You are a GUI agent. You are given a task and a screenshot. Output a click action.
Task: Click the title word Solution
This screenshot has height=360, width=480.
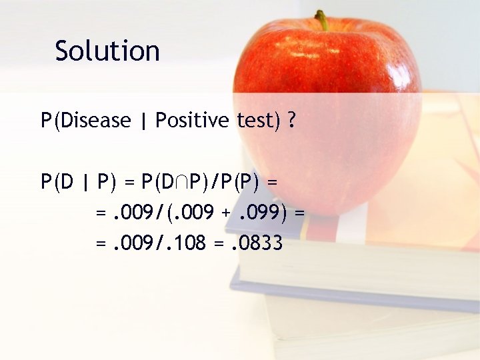107,51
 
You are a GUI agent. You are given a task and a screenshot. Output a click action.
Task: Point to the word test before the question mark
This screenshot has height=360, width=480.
256,121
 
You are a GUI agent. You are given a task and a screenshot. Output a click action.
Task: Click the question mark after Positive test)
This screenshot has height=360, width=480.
292,121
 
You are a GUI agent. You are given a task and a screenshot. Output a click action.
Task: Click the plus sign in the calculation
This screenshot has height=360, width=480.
226,214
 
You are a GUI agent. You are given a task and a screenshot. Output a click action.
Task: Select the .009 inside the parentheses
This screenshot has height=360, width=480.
194,213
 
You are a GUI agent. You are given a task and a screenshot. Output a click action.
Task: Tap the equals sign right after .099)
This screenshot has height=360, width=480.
299,214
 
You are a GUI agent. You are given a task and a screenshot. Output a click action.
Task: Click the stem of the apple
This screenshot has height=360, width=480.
322,20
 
